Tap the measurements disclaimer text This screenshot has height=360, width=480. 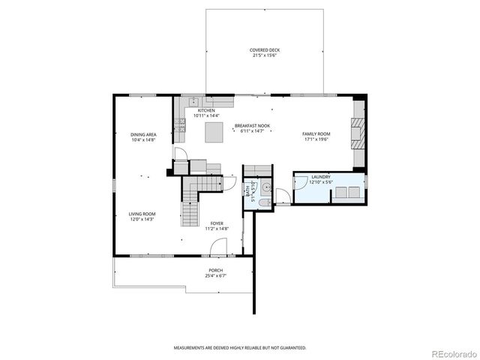click(x=240, y=348)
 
